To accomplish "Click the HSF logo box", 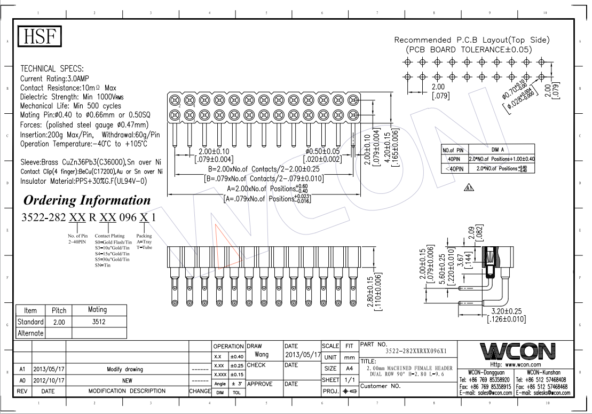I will point(41,36).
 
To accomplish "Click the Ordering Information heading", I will point(87,200).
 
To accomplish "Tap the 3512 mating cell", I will point(98,322).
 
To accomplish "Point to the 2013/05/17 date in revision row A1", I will point(49,369).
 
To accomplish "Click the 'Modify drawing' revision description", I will point(125,369).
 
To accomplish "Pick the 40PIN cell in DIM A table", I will point(454,159).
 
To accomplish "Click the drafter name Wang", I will point(261,354).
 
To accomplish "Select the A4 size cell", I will point(350,369).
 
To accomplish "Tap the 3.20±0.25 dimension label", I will point(507,311).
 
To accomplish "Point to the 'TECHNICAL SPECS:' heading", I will point(52,68).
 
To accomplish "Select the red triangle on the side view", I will point(227,244).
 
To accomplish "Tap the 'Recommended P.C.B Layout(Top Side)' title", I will point(471,40).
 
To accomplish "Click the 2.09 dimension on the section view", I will point(471,235).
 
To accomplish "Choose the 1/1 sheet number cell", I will point(350,380).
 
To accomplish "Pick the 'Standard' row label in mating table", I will point(30,322).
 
